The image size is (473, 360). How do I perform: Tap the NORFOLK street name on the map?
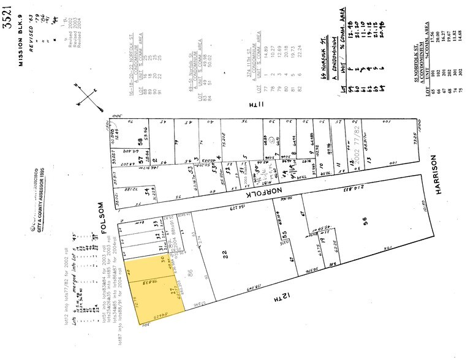click(267, 184)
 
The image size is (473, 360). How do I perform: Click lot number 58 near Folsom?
click(140, 142)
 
